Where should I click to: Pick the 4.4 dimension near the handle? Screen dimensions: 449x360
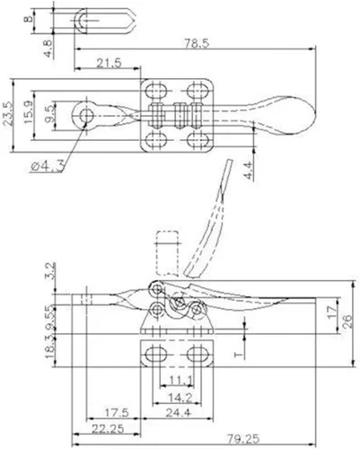(x=245, y=166)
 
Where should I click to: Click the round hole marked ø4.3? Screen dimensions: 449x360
(x=86, y=117)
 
